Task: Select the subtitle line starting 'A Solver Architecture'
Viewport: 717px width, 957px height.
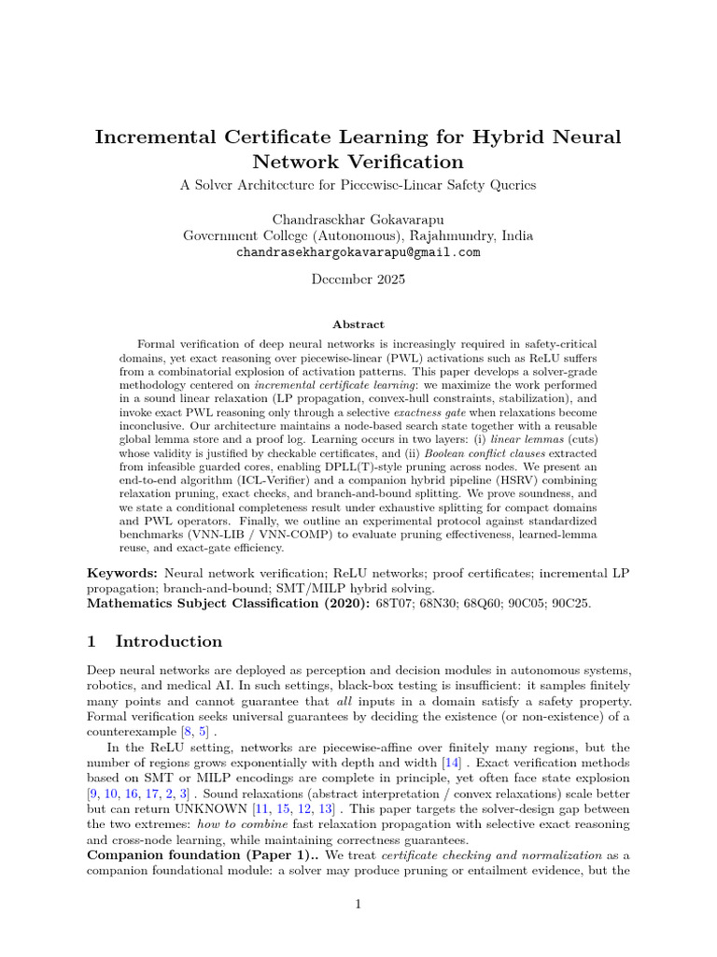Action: coord(358,185)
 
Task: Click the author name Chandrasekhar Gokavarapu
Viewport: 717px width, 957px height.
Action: coord(358,220)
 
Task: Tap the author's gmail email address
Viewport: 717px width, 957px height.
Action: coord(358,252)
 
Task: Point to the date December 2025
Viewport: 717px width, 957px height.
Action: coord(358,279)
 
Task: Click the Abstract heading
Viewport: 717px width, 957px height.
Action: coord(358,324)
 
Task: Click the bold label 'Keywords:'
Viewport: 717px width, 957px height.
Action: coord(123,571)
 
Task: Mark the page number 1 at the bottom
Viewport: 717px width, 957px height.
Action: coord(358,905)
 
